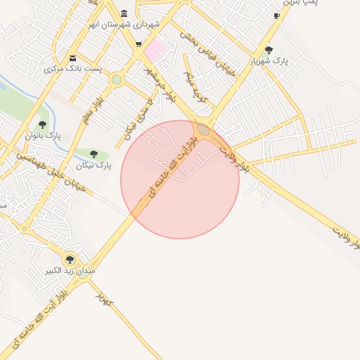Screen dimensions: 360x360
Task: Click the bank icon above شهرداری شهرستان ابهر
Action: point(124,15)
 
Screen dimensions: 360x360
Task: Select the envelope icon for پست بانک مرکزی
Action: point(73,58)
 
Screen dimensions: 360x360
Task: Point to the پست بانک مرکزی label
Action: point(74,69)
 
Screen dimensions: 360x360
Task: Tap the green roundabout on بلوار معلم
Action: point(116,79)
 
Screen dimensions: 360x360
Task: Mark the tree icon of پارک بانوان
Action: point(42,124)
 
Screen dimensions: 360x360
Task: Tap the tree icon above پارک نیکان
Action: point(94,154)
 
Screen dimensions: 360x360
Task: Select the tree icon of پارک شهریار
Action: point(269,49)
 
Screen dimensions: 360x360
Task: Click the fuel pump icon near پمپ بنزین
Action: point(276,15)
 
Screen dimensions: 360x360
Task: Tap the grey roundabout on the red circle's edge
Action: point(203,129)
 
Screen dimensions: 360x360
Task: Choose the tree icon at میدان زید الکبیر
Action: point(69,259)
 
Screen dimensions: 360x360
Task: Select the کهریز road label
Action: point(105,300)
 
